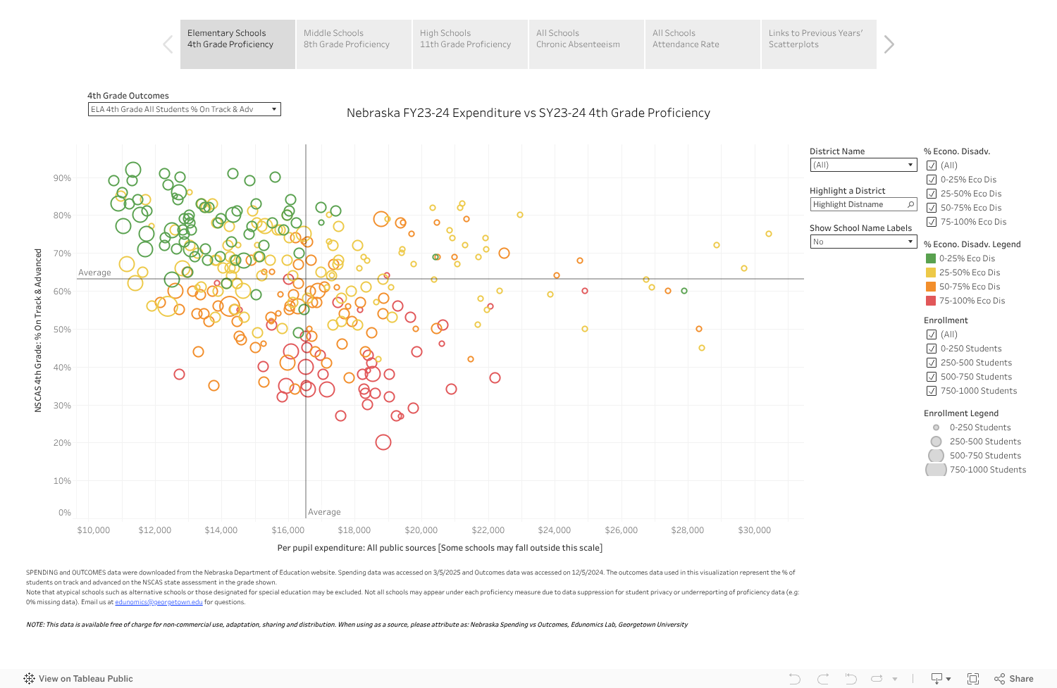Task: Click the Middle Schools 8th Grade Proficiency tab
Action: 353,44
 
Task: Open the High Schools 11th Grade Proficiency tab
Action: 469,44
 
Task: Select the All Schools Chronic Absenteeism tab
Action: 586,44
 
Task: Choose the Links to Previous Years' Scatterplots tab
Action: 818,44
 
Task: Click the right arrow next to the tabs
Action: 889,44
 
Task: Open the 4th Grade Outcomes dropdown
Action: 184,109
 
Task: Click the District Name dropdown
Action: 863,165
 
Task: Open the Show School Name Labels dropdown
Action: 863,242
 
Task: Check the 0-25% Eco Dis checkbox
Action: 932,180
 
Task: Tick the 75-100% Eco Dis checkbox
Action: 932,222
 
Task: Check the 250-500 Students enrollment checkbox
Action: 932,363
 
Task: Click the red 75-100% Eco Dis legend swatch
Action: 931,301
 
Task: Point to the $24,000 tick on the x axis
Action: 555,530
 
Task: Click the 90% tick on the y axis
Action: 63,178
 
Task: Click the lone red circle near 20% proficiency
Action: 383,442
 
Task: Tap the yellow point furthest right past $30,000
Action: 769,234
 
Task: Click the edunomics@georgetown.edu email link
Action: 159,602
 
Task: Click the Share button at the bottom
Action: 1014,679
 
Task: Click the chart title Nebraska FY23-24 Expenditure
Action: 528,113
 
